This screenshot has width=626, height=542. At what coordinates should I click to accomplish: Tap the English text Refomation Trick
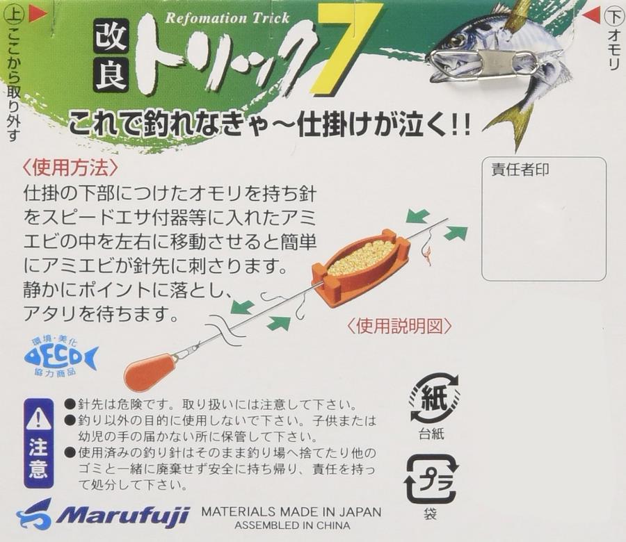[x=227, y=18]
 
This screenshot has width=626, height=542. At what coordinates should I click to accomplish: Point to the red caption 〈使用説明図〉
[x=400, y=326]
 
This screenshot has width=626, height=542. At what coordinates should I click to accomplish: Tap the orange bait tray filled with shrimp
[x=362, y=265]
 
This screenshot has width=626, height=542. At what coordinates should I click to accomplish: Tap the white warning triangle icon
[x=39, y=420]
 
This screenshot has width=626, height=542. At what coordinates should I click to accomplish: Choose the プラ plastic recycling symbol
[x=431, y=479]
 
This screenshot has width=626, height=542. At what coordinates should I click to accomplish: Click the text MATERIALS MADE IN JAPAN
[x=291, y=511]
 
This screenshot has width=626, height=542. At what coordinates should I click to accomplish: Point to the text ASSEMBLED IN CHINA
[x=292, y=525]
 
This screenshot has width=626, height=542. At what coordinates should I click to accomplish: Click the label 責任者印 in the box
[x=520, y=170]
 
